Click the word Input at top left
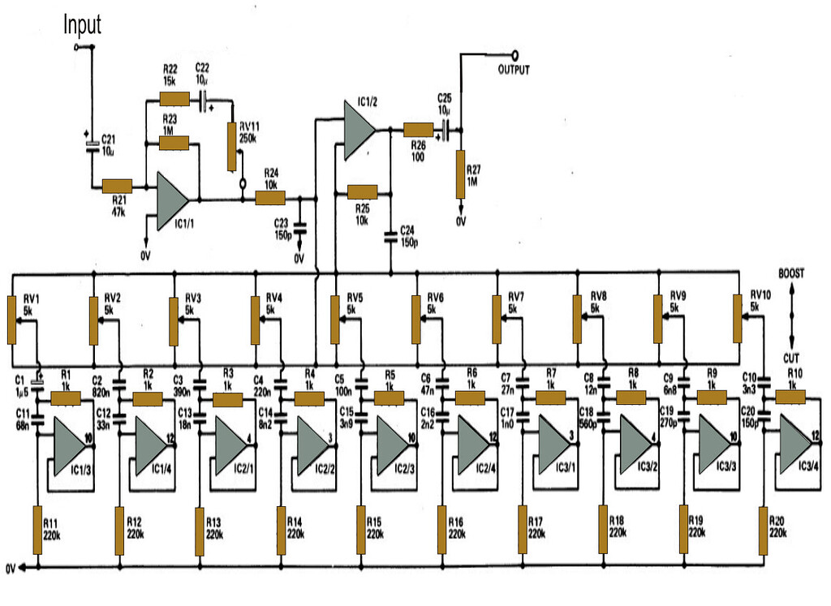click(x=83, y=24)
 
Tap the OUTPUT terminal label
click(x=514, y=71)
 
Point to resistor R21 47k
click(x=117, y=186)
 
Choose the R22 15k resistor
click(x=174, y=99)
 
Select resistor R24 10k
click(x=271, y=198)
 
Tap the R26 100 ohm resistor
click(x=419, y=130)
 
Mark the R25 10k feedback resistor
click(x=361, y=192)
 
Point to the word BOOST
click(x=790, y=274)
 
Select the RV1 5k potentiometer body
click(x=12, y=320)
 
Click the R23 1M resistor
click(x=174, y=144)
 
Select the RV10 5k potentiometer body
click(x=738, y=320)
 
